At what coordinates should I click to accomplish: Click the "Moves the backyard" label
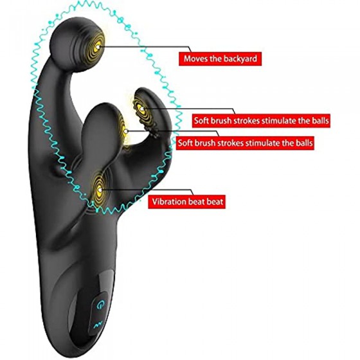click(220, 59)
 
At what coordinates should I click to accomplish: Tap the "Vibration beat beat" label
click(186, 202)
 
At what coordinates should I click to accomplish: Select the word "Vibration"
click(168, 202)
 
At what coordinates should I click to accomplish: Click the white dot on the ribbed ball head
click(98, 46)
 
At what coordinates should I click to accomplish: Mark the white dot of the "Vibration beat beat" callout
click(100, 190)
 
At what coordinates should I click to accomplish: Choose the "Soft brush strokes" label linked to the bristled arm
click(261, 121)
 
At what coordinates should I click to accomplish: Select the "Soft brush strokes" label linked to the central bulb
click(245, 143)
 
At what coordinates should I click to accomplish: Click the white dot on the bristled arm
click(142, 109)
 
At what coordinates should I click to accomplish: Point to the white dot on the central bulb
click(126, 131)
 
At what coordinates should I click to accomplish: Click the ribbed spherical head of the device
click(77, 44)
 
